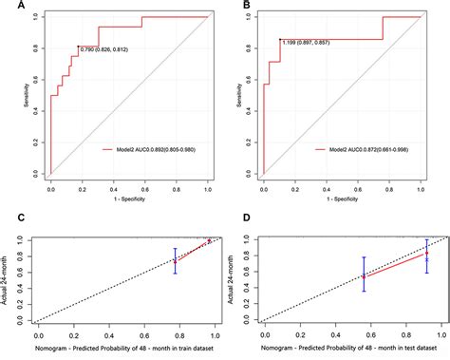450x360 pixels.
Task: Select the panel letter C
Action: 8,221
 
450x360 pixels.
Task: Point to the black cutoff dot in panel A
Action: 78,47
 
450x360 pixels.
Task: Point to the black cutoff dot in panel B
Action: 280,40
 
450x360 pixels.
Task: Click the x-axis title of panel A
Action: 128,196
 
